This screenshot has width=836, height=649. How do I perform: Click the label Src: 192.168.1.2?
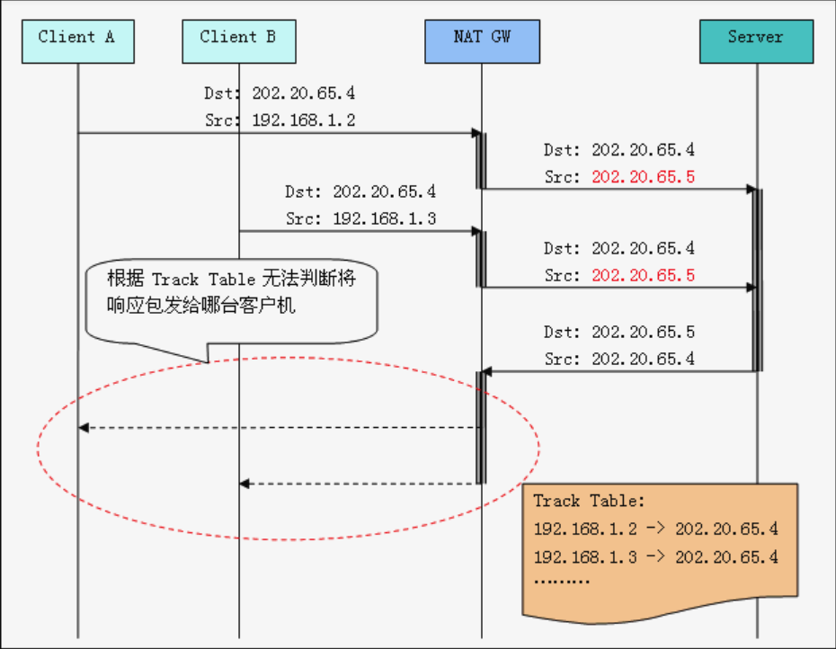click(280, 120)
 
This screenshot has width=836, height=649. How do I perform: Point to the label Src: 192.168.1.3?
click(360, 218)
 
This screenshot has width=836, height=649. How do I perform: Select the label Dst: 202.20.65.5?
click(618, 333)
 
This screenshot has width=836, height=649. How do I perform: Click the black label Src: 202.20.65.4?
click(618, 360)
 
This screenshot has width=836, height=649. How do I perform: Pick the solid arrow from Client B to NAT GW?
click(360, 231)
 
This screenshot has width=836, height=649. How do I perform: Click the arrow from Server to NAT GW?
click(620, 370)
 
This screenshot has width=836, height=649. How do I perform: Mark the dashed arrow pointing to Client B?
click(360, 484)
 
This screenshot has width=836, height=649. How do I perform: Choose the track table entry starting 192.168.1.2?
click(655, 529)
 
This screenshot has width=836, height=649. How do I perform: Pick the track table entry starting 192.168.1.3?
click(655, 557)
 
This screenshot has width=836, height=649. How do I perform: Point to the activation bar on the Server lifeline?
click(758, 279)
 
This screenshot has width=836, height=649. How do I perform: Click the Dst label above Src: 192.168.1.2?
click(280, 93)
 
